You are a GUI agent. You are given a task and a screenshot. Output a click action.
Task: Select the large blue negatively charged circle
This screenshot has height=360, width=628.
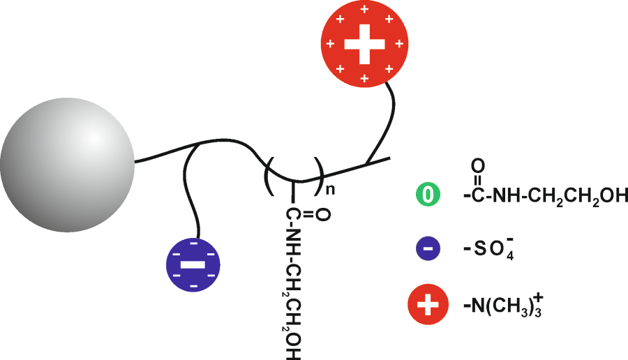[192, 265]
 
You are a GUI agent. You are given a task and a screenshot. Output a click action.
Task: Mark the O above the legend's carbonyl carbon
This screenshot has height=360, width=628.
[477, 167]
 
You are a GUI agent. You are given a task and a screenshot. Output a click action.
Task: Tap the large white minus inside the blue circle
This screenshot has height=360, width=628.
[192, 266]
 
